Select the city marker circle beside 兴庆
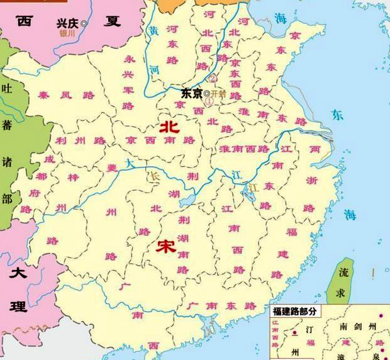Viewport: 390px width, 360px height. pos(84,23)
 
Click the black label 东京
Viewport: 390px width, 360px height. pos(192,93)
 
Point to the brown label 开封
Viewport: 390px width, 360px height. pos(218,93)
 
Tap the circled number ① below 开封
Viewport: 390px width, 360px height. pos(209,101)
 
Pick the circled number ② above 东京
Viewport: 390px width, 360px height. pos(213,79)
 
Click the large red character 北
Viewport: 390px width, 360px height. pos(169,127)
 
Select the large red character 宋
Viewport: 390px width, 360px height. pos(166,245)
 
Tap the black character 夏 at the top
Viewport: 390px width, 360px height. pos(113,21)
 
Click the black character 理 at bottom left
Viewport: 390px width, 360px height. pos(18,307)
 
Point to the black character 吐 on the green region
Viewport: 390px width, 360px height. pos(7,89)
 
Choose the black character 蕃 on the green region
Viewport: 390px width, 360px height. pos(7,125)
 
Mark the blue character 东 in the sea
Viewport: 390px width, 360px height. pos(338,116)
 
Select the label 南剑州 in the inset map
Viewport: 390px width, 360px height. pos(357,327)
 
